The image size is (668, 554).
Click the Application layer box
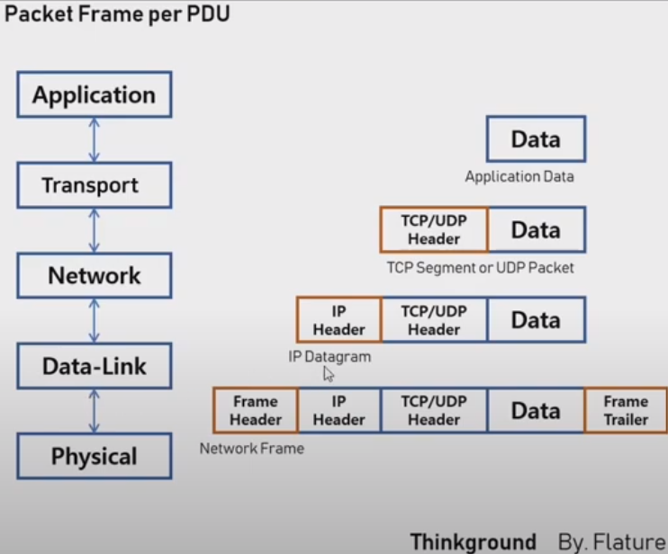(94, 95)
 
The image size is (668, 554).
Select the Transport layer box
(94, 185)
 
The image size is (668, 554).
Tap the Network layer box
(94, 275)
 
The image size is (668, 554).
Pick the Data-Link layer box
(94, 366)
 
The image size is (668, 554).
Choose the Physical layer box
(94, 456)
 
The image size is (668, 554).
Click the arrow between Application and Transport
(94, 140)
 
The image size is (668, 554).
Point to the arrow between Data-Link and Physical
(94, 411)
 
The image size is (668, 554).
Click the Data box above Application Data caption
(536, 138)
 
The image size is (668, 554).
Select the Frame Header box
(256, 410)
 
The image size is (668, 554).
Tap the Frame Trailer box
(626, 410)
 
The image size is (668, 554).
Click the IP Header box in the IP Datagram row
(339, 320)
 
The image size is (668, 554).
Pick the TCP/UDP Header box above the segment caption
(434, 229)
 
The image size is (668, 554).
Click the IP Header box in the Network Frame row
(339, 410)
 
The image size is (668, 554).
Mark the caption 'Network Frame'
(251, 448)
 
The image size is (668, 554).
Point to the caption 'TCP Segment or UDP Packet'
(480, 267)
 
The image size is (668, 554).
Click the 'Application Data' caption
(519, 177)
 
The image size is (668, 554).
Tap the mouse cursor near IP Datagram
(329, 374)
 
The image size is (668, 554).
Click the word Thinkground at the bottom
(473, 541)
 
